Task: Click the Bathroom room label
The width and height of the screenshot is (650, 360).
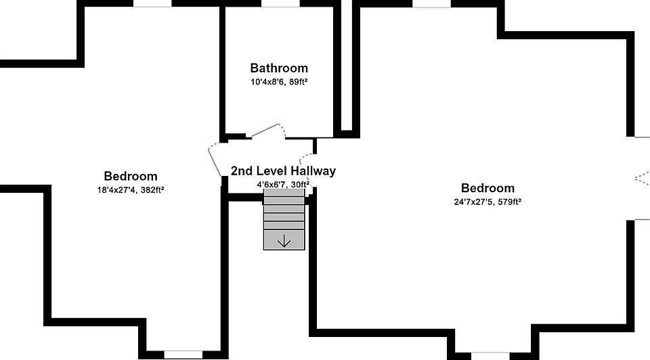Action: click(279, 68)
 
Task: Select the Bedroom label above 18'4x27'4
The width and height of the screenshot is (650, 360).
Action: click(130, 177)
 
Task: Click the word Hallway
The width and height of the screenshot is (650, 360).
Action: click(313, 171)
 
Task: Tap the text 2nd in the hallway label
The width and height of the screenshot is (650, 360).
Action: click(242, 171)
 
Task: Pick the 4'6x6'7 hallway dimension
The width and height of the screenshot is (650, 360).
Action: click(269, 184)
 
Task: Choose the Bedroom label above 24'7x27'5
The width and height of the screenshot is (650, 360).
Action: click(487, 188)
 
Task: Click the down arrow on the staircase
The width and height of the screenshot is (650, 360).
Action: click(284, 240)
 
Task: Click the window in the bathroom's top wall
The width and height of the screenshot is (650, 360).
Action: click(280, 3)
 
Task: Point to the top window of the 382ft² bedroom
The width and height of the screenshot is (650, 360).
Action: click(152, 3)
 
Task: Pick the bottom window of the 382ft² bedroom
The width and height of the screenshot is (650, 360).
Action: click(183, 354)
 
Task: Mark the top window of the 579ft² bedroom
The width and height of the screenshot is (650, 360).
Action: click(431, 3)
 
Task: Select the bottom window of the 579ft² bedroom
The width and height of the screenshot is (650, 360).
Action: click(490, 355)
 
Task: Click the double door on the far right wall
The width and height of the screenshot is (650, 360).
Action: click(641, 178)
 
